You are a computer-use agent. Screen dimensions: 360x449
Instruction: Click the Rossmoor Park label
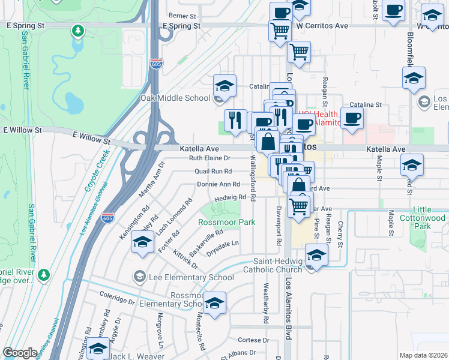tap(227, 222)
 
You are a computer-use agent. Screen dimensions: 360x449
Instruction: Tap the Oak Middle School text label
tap(175, 98)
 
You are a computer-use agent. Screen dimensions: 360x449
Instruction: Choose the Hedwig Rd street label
tap(231, 197)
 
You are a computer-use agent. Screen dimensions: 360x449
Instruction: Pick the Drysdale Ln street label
tap(223, 244)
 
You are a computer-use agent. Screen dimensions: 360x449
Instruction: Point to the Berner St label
tap(182, 16)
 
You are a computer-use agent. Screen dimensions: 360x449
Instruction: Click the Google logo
tap(20, 353)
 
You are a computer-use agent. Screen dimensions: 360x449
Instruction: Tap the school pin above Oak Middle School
tap(224, 85)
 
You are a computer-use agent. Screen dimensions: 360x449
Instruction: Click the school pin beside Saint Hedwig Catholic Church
tap(316, 255)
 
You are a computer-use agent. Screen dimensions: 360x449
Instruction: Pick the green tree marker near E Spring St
tap(77, 30)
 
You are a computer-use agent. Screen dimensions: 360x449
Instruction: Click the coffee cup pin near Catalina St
tap(352, 117)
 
